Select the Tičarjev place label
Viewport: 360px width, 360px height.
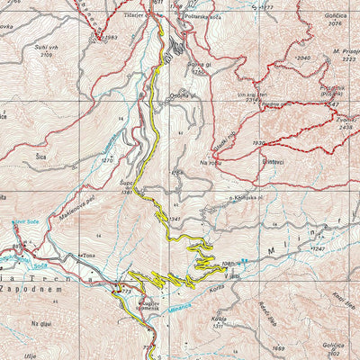[139, 15]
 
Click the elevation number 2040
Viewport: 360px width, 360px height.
[302, 58]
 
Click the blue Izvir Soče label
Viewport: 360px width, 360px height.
[25, 220]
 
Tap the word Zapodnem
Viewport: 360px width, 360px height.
[31, 289]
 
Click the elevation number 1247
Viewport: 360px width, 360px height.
[317, 247]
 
